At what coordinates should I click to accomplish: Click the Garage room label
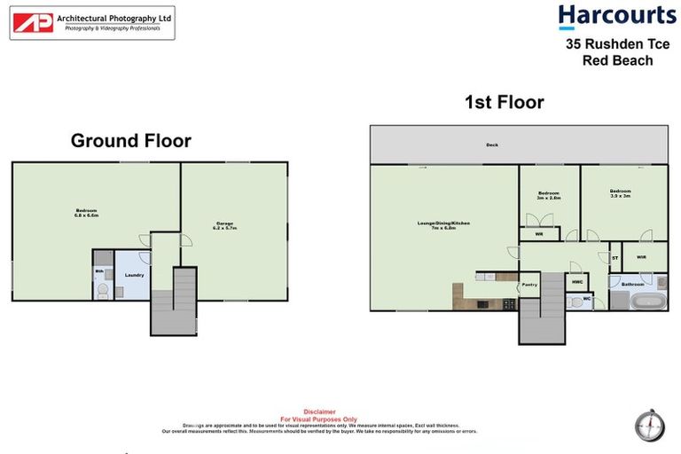(x=225, y=223)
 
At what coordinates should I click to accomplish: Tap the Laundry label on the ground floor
(x=134, y=275)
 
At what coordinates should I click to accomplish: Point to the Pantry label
(x=529, y=285)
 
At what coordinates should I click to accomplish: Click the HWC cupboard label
(x=577, y=282)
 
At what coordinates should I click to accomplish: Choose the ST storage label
(x=614, y=258)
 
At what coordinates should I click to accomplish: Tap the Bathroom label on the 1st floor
(x=632, y=284)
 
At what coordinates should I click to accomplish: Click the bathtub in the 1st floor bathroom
(x=650, y=301)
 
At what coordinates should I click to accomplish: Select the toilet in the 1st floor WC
(x=573, y=301)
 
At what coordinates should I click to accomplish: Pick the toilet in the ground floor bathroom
(x=102, y=291)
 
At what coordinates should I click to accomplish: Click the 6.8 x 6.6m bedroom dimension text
(x=86, y=215)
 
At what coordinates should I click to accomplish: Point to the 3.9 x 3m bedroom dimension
(x=620, y=196)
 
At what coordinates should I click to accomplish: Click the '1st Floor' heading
(x=504, y=103)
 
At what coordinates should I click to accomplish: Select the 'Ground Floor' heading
(x=130, y=140)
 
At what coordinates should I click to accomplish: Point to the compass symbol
(x=648, y=424)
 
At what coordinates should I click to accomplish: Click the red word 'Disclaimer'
(x=319, y=411)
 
